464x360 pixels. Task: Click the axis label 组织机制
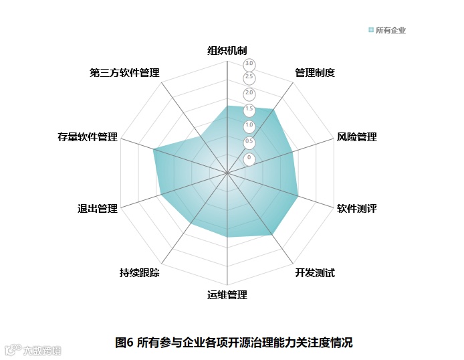tap(227, 51)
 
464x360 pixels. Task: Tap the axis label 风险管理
tap(356, 137)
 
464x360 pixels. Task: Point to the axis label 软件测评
tap(356, 209)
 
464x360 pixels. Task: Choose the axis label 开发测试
tap(315, 273)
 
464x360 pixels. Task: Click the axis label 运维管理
tap(227, 295)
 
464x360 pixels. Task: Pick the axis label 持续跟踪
tap(140, 273)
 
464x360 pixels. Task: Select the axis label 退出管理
tap(98, 209)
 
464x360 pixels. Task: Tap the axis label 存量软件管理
tap(88, 137)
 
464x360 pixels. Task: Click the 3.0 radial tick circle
tap(249, 64)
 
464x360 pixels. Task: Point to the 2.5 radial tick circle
tap(249, 78)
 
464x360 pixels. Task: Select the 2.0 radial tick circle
tap(249, 93)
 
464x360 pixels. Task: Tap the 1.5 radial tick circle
tap(249, 109)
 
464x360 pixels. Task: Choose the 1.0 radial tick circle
tap(249, 125)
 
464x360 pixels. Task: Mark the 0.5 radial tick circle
tap(249, 142)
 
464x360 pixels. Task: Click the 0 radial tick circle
tap(249, 158)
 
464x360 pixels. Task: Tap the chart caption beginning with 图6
tap(234, 343)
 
